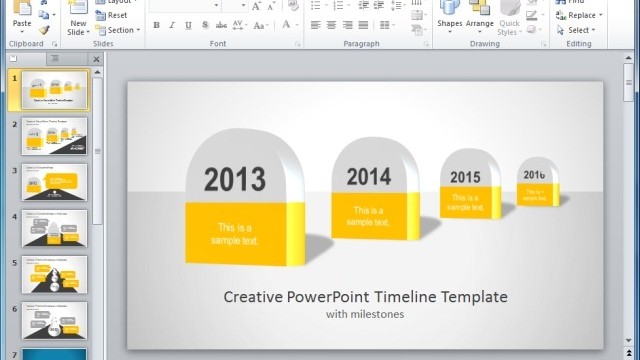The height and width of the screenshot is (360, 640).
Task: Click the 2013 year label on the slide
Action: pos(235,180)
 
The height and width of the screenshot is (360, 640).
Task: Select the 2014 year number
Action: pos(369,177)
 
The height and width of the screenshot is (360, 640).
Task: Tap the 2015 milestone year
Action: pos(465,177)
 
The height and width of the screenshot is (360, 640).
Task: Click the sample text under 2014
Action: pos(369,216)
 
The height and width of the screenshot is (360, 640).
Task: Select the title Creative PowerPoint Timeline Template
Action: pos(365,297)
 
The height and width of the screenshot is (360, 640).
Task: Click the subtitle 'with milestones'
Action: pos(365,314)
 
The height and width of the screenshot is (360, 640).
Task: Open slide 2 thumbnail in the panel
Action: pos(54,136)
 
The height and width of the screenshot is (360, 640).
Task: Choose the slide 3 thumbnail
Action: pos(54,182)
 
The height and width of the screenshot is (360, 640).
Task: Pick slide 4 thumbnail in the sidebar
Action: pos(54,228)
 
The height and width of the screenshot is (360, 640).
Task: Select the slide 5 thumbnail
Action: pos(54,274)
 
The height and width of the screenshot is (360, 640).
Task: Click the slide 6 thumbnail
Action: pos(54,319)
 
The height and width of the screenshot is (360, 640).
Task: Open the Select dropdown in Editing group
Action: pos(579,30)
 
